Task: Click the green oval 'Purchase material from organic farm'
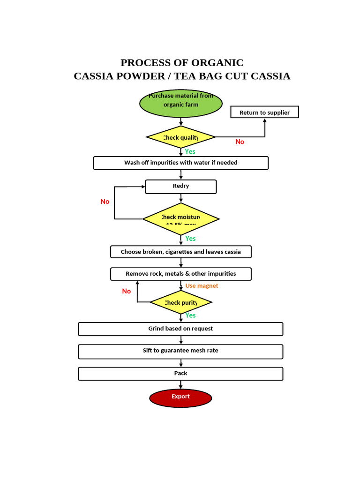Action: tap(180, 103)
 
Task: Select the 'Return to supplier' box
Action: tap(264, 112)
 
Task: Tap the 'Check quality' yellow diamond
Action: tap(180, 137)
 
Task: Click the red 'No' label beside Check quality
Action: tap(240, 142)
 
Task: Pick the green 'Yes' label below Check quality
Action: tap(190, 151)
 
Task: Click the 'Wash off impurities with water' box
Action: tap(180, 163)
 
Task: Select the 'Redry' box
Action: tap(180, 186)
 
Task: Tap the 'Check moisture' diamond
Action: tap(180, 218)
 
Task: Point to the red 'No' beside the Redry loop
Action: tap(105, 202)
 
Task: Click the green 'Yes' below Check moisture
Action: tap(190, 239)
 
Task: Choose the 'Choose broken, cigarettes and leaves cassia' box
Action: tap(180, 252)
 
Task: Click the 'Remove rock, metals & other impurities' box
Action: tap(180, 274)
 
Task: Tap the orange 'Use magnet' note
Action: tap(202, 286)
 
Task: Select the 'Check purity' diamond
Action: tap(180, 302)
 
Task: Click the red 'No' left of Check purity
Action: tap(126, 291)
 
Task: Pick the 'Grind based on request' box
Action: tap(180, 329)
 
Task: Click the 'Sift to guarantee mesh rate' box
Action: tap(180, 351)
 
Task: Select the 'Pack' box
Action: tap(180, 373)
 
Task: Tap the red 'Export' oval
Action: tap(180, 397)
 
